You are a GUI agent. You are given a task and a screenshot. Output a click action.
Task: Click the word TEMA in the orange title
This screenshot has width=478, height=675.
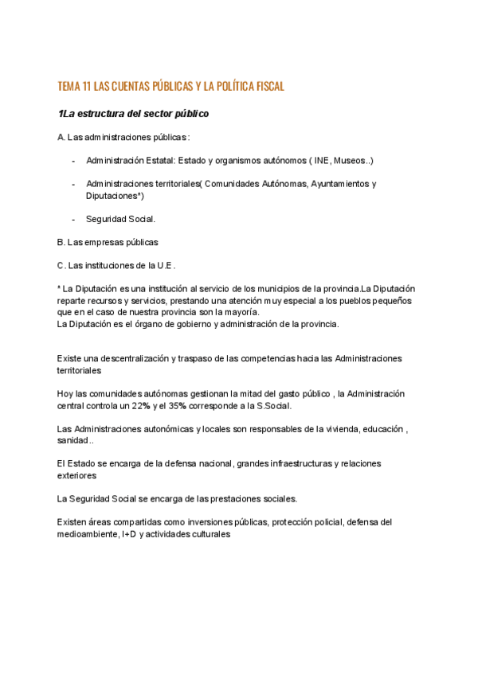(x=70, y=86)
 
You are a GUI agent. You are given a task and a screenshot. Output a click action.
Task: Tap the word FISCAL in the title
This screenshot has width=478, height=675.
(x=265, y=86)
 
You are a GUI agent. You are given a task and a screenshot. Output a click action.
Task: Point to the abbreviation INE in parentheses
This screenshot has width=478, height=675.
(x=323, y=160)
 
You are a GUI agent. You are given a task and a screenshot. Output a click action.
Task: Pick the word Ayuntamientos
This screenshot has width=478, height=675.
(x=340, y=184)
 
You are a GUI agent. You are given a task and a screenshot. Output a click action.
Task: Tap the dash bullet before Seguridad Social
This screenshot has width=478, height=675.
(x=73, y=219)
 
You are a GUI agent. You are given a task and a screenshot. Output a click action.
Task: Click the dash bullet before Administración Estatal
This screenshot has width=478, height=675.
(x=73, y=160)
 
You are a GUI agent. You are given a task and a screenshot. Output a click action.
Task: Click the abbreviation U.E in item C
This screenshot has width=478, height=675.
(x=165, y=265)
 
